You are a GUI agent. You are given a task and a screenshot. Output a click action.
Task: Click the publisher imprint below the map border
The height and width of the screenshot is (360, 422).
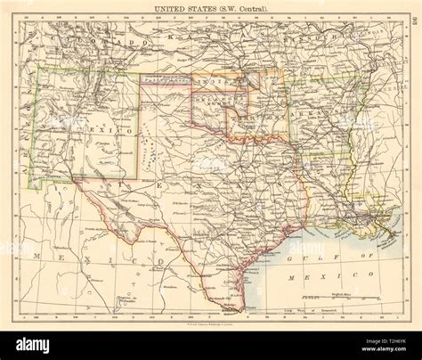click(211, 321)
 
